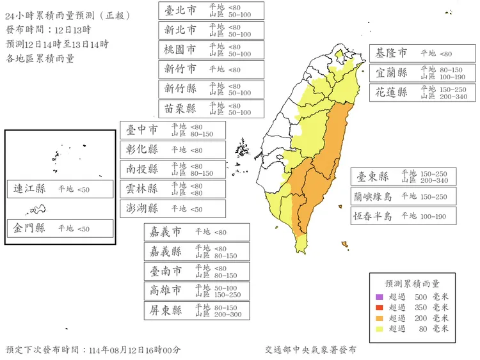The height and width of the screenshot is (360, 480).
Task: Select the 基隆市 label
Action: [x=392, y=53]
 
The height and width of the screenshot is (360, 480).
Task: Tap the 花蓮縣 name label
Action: [x=392, y=92]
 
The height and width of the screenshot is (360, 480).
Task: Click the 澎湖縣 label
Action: [x=142, y=208]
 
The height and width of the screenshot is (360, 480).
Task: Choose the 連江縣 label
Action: [x=30, y=189]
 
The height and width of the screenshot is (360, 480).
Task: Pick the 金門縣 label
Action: [x=30, y=228]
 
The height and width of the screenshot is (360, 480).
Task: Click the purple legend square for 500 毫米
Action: [x=379, y=297]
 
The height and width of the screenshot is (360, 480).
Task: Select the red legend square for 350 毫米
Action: [x=379, y=308]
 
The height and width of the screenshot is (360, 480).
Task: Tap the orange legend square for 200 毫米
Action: [x=379, y=318]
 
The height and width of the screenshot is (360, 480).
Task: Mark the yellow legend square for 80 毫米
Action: [x=379, y=329]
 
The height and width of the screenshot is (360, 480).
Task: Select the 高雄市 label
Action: [x=164, y=290]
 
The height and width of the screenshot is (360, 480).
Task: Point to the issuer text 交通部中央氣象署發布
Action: [x=310, y=350]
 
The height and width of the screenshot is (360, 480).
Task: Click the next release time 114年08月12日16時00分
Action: [x=135, y=350]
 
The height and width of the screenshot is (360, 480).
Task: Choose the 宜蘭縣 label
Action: [x=392, y=72]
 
